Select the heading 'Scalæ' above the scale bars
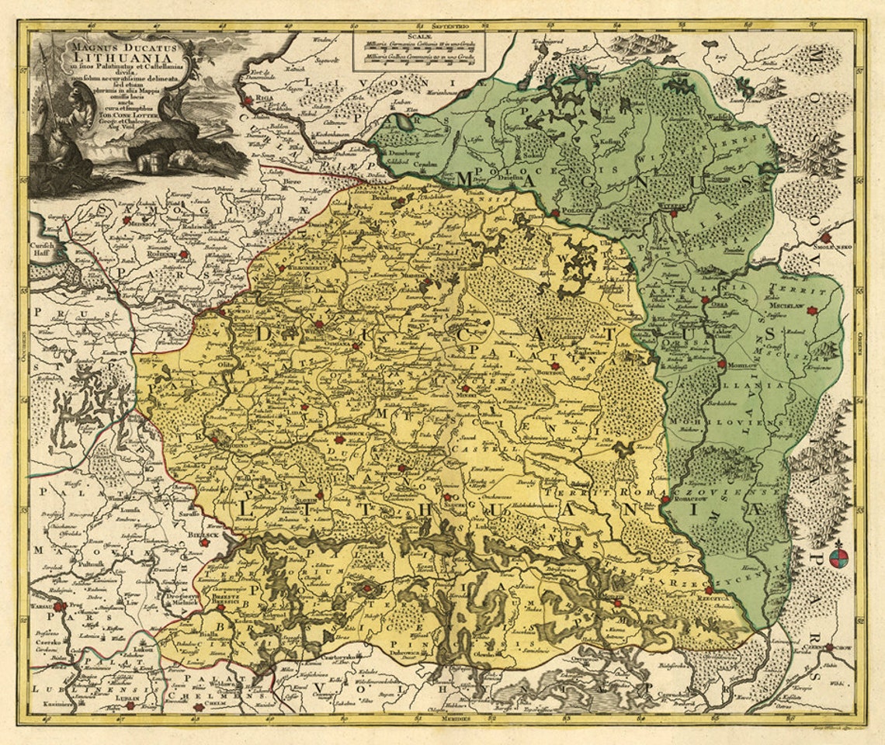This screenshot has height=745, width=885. [418, 35]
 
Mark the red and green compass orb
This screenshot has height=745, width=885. [838, 557]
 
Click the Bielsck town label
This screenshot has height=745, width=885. [200, 534]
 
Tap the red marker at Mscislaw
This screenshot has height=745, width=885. [812, 310]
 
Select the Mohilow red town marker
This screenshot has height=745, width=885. [722, 363]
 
